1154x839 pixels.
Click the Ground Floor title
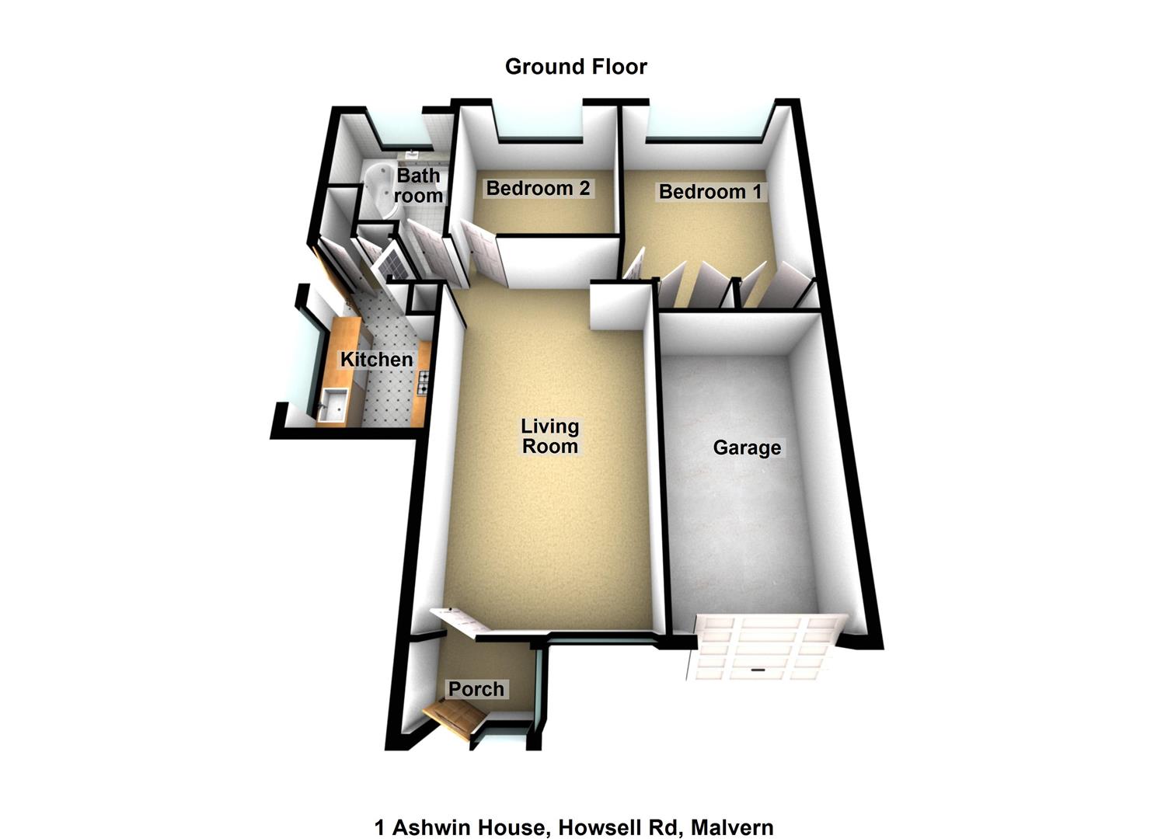(x=576, y=67)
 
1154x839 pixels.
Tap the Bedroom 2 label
(x=538, y=188)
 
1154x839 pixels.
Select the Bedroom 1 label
(x=710, y=192)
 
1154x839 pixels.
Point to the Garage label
(x=747, y=447)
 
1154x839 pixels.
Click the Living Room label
(x=549, y=437)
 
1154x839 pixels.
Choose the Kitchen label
(x=376, y=360)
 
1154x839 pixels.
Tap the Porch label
(x=476, y=689)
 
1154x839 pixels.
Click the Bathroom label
(x=418, y=186)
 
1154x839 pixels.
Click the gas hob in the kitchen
(x=423, y=382)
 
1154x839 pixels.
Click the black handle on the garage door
(x=757, y=670)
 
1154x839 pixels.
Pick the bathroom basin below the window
(x=413, y=154)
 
